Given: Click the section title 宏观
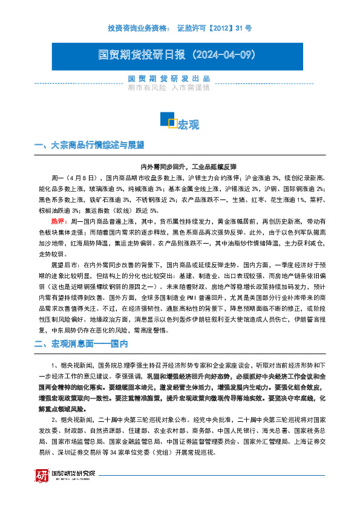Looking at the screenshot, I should pos(188,125).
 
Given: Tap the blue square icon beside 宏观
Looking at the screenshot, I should pos(168,119).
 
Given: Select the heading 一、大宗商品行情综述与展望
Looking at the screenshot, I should pos(90,145).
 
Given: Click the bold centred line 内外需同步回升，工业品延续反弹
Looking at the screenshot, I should pos(180,166).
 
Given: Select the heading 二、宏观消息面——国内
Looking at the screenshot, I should pos(81,344).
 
